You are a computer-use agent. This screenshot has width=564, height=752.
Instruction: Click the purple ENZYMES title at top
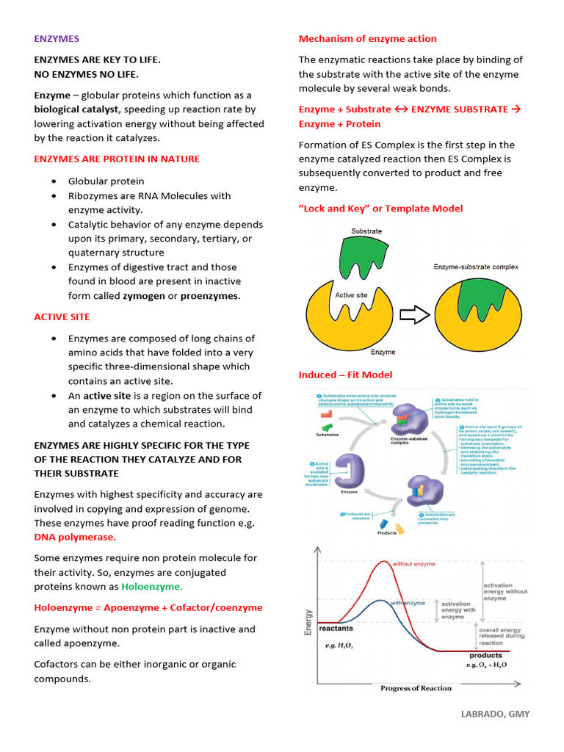coord(57,38)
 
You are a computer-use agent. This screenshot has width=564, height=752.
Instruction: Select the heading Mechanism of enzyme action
coord(367,38)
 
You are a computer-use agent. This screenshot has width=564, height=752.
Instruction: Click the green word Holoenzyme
coord(151,587)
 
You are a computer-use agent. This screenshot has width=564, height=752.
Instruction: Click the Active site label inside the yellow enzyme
coord(351,295)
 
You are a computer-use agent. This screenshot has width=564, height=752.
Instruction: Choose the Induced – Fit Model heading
coord(345,375)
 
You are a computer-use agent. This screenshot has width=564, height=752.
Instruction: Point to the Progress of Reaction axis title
coord(416,688)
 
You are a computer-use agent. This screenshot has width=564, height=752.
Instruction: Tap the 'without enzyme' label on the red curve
coord(413,564)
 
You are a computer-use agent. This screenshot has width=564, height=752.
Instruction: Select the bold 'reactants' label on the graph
coord(336,628)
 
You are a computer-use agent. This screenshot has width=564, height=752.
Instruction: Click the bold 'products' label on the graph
coord(485,655)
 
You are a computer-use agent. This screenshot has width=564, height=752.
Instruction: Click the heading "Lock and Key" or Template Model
coord(380,209)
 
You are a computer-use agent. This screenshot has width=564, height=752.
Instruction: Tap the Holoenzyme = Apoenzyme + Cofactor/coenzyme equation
coord(148,607)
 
